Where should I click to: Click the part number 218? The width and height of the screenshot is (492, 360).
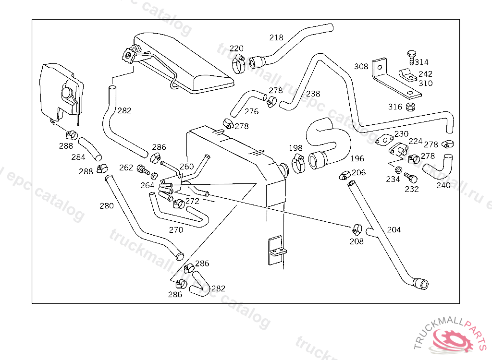coord(276,37)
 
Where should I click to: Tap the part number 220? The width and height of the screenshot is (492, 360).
coord(236,48)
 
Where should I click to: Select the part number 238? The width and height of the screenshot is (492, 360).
coord(313,94)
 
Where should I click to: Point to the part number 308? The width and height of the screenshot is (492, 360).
coord(361,66)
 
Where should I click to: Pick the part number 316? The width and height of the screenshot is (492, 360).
coord(395,107)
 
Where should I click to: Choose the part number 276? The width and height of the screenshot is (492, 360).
coord(251,111)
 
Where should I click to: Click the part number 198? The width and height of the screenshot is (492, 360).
coord(296,148)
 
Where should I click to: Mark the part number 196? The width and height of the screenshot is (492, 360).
coord(357,158)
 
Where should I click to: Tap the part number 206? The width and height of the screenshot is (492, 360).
coord(358,172)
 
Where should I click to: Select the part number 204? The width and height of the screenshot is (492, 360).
coord(394,229)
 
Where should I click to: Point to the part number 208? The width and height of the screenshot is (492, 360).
coord(357,241)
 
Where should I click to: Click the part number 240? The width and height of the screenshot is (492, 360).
coord(443,185)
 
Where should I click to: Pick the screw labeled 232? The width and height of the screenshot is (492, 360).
coord(410,178)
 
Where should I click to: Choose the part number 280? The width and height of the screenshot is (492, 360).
coord(107,206)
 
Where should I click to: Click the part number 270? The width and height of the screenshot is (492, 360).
coord(176,230)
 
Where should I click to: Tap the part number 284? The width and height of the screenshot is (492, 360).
coord(78,157)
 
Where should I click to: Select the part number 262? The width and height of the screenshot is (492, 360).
coord(126,168)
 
